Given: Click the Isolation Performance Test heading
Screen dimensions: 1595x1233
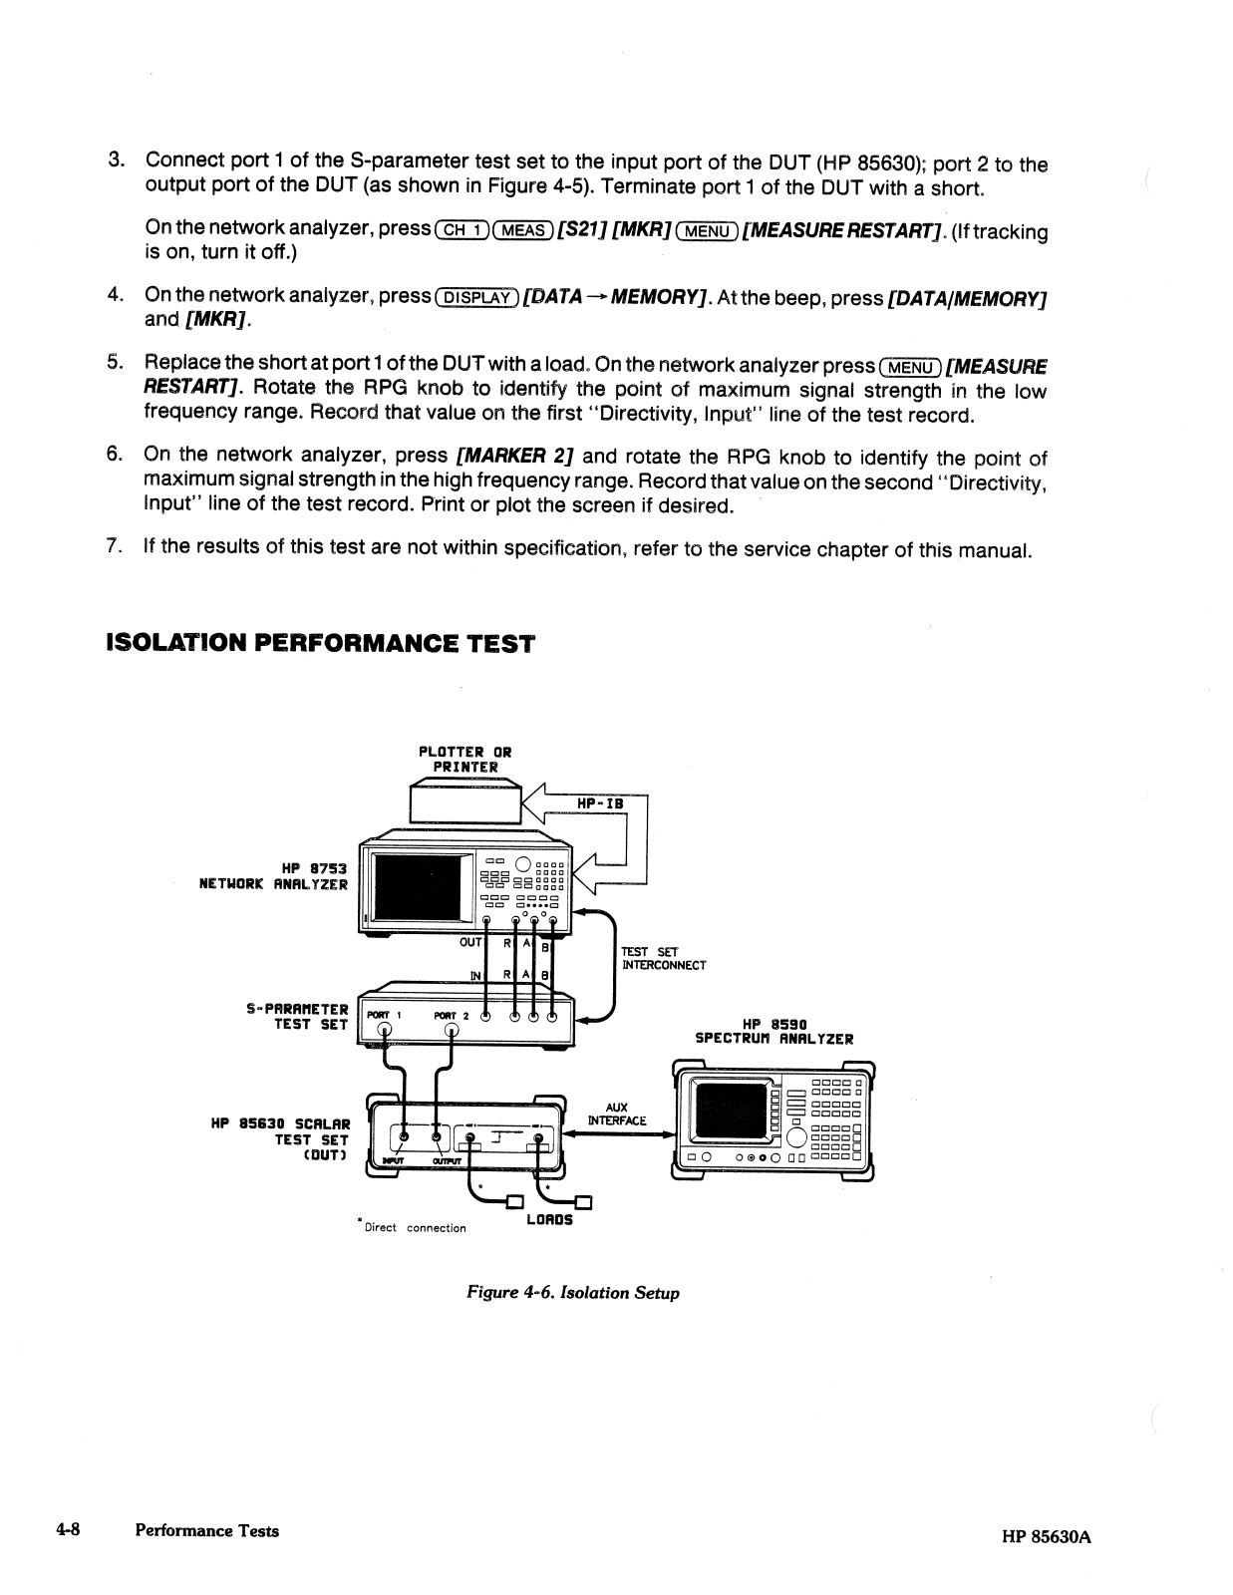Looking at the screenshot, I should (x=319, y=643).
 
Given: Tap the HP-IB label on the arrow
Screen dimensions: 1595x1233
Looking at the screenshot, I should (x=600, y=803).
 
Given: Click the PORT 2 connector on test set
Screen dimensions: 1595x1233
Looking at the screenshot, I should (x=452, y=1031).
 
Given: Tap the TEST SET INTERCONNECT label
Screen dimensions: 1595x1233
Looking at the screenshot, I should (x=664, y=958).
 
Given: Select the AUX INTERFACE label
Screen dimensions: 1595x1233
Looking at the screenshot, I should (x=617, y=1114).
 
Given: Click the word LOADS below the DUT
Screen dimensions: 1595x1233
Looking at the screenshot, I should (x=548, y=1219).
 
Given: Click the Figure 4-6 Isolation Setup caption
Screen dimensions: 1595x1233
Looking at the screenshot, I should (x=573, y=1293).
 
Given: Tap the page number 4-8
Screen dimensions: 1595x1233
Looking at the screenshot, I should (x=67, y=1530).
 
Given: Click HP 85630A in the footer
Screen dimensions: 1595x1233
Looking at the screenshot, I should (x=1047, y=1536).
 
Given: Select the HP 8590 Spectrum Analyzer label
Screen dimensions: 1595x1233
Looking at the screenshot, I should (x=773, y=1031).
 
